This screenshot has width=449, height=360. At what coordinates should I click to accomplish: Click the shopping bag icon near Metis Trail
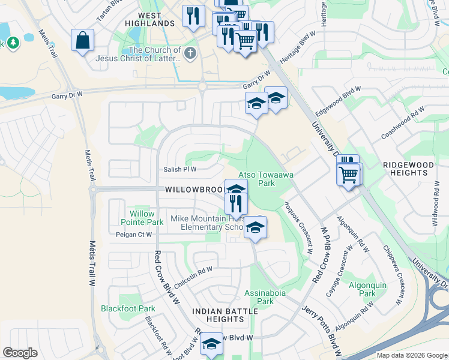coord(82,41)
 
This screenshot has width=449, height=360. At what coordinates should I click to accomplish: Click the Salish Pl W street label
coord(181,170)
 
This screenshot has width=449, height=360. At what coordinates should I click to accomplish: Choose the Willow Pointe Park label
coord(142,218)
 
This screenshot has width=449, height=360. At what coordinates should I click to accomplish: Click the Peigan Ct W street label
coord(133,235)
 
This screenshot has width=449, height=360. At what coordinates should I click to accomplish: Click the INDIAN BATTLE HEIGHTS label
coord(217,315)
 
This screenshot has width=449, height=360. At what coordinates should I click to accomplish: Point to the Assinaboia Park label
coord(259,297)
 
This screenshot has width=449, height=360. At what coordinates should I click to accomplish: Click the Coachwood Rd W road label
coord(403,123)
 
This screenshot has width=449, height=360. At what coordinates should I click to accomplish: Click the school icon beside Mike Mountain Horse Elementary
coord(255,227)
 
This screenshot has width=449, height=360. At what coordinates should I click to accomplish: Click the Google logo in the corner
coord(20,353)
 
